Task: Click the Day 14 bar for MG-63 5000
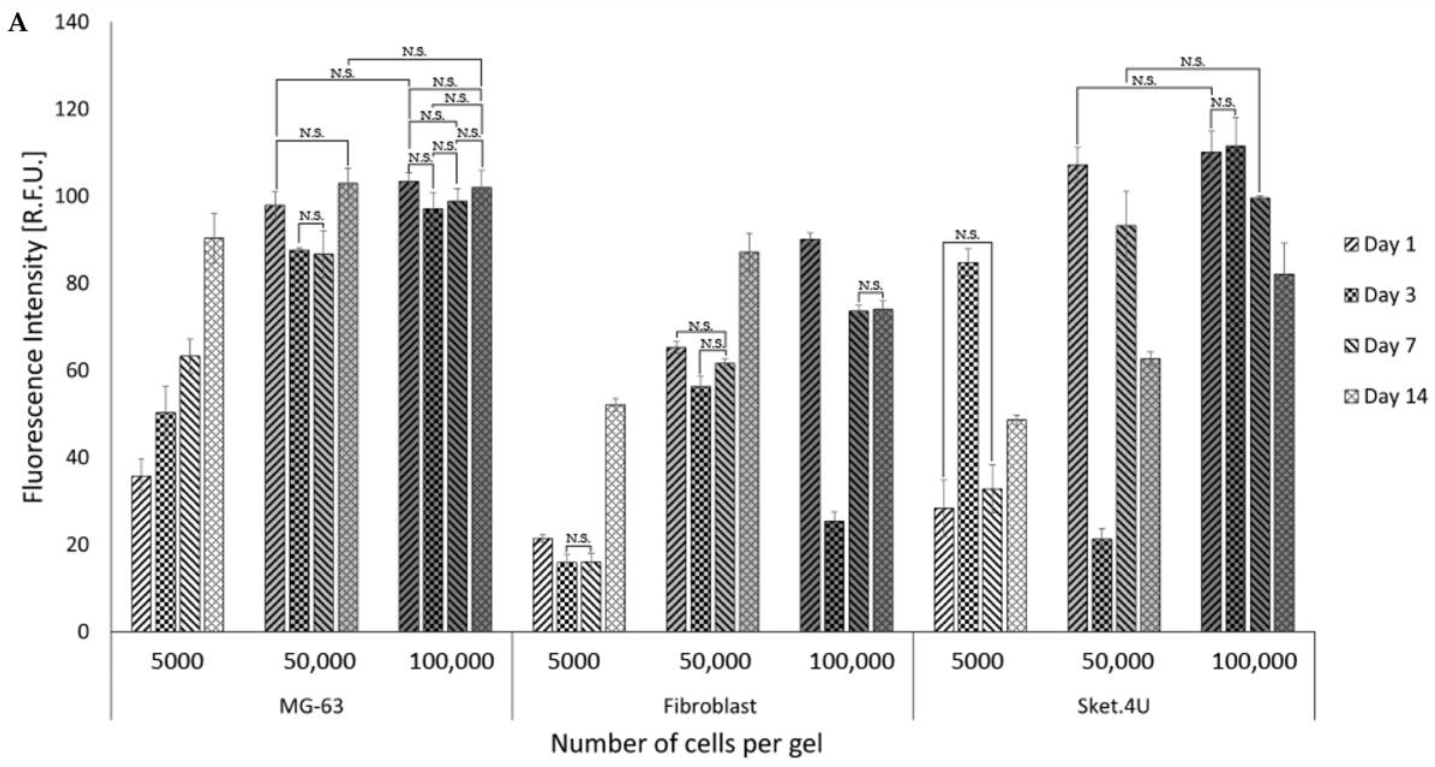pos(213,435)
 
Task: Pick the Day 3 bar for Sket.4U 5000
pos(968,446)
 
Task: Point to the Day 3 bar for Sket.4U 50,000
pos(1101,585)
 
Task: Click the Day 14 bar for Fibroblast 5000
pos(615,518)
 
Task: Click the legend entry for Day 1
pos(1381,244)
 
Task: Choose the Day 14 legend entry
pos(1386,396)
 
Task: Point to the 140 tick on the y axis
pos(71,22)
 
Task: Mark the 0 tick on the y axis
pos(83,632)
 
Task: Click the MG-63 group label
pos(311,706)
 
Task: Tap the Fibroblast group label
pos(710,706)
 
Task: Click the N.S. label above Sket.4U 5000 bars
pos(967,234)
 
